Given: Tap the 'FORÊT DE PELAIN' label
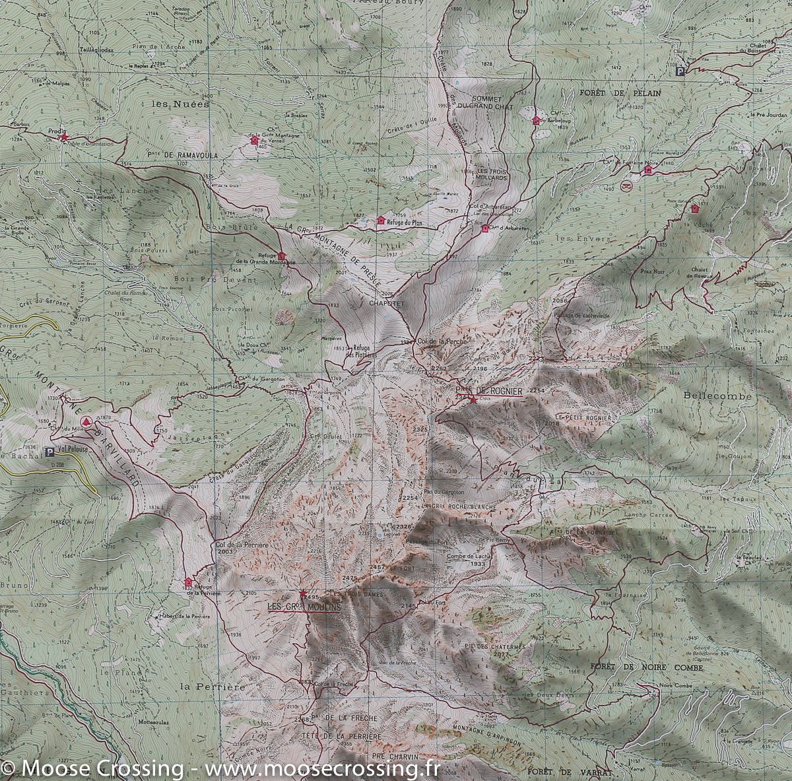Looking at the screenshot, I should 620,93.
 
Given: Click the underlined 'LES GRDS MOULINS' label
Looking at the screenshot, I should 304,606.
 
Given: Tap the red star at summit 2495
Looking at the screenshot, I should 304,593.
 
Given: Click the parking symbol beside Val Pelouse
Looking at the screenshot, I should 49,452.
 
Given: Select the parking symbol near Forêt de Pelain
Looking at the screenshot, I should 680,71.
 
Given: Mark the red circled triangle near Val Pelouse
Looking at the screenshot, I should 85,421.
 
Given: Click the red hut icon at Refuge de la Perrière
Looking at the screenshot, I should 189,582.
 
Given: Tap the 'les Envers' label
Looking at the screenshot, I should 572,238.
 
